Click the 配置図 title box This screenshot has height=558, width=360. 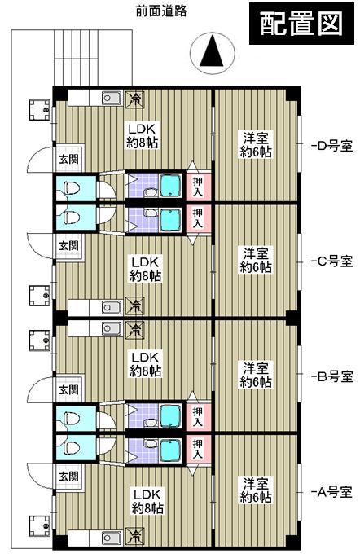pos(300,24)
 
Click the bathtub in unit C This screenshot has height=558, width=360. pos(169,218)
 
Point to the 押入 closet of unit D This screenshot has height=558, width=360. pos(198,186)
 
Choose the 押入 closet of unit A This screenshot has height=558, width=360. pos(198,447)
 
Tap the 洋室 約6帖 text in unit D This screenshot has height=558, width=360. pos(256,144)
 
